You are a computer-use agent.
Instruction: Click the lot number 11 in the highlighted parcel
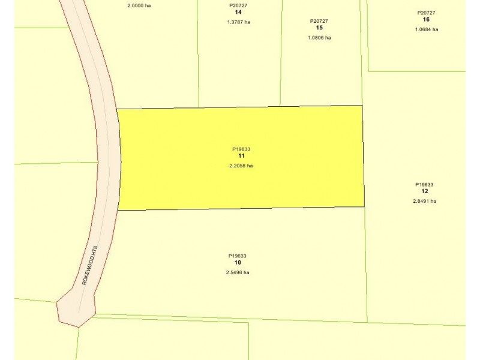click(241, 156)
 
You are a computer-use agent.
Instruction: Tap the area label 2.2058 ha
click(241, 166)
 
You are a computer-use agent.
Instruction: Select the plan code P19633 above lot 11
click(241, 149)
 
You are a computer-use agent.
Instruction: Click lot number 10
click(238, 263)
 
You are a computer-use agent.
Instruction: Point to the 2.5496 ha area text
click(238, 272)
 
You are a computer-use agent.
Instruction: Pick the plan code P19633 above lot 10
click(238, 256)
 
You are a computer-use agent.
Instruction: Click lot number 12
click(424, 191)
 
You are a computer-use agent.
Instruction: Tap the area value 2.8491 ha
click(424, 201)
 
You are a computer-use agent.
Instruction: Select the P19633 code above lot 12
click(424, 185)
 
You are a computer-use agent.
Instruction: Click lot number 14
click(238, 12)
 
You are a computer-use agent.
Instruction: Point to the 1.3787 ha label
click(238, 22)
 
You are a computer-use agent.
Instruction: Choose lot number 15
click(319, 28)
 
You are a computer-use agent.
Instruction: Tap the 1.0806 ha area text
click(319, 37)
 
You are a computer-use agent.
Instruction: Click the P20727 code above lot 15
click(319, 21)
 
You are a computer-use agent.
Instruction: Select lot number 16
click(426, 19)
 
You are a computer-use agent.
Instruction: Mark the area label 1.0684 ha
click(426, 29)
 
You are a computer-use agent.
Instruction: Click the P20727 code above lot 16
click(426, 13)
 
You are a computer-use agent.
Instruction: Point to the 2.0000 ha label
click(139, 5)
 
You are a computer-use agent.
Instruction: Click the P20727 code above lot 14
click(238, 5)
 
